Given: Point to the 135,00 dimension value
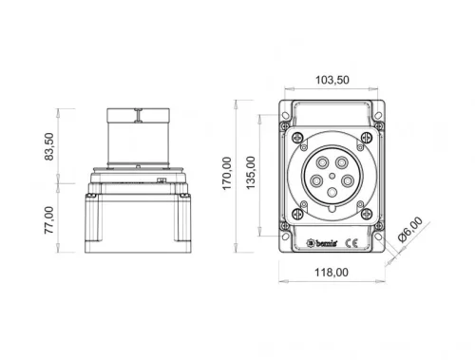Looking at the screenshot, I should [x=252, y=174].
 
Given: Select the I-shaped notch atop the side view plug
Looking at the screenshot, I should [x=139, y=116].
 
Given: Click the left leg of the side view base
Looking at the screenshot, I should [x=96, y=228].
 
